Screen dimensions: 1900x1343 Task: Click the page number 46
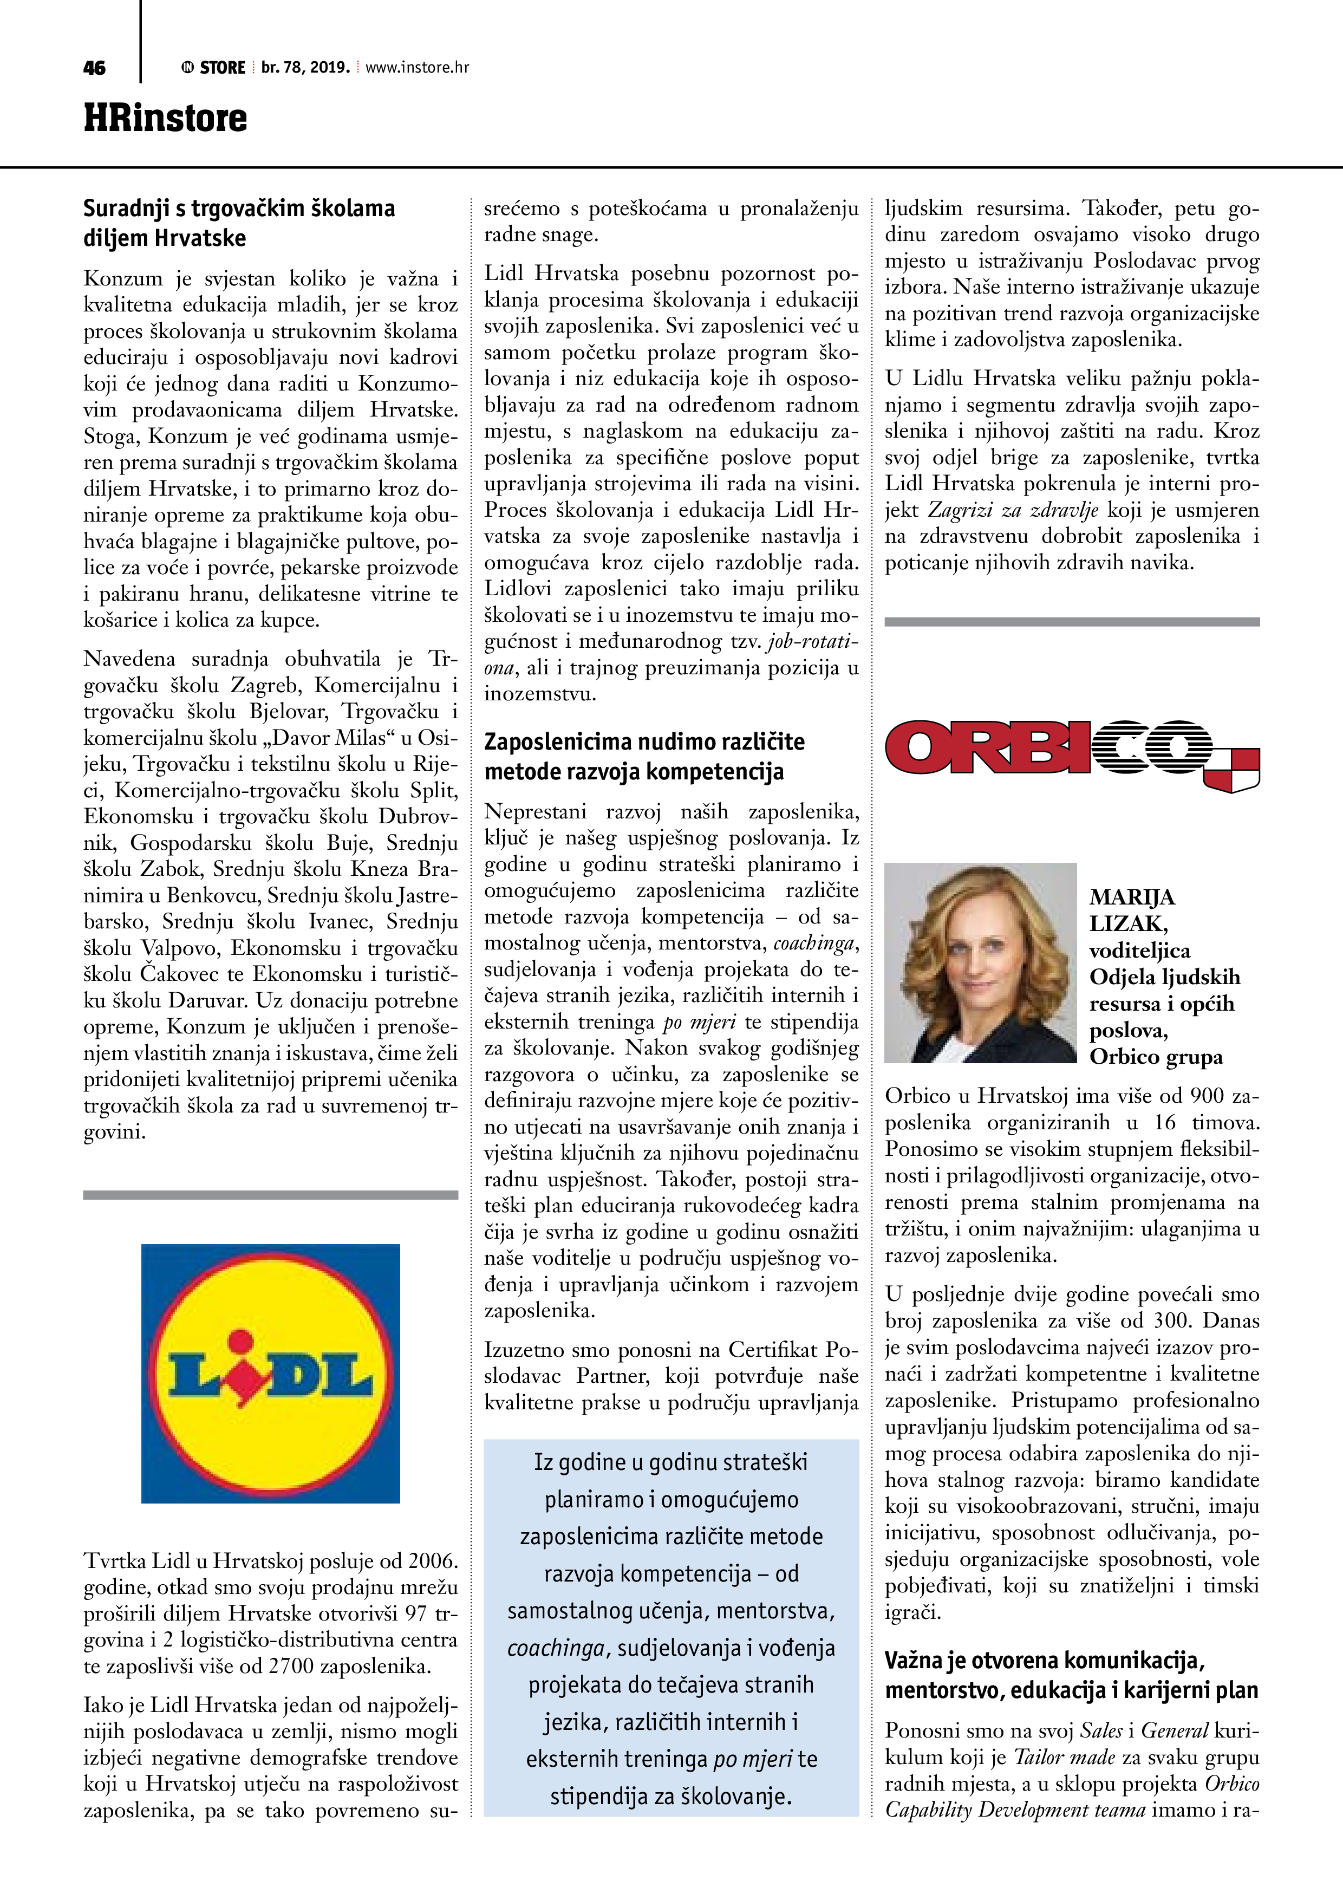pyautogui.click(x=94, y=68)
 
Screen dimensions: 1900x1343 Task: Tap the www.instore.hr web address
pyautogui.click(x=417, y=68)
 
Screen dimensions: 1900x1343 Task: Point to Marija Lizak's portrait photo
pyautogui.click(x=980, y=962)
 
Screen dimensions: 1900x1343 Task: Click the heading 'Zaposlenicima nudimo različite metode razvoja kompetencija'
pyautogui.click(x=644, y=756)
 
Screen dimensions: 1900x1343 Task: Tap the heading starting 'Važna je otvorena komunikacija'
pyautogui.click(x=1071, y=1676)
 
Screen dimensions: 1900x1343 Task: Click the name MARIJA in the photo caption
pyautogui.click(x=1131, y=897)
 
